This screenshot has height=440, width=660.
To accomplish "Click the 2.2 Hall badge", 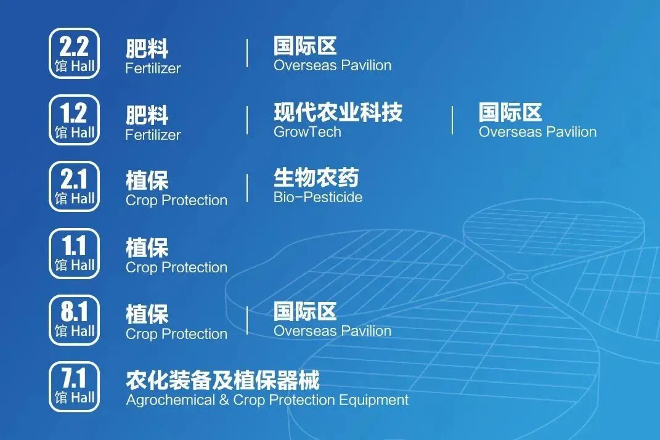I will click(74, 54).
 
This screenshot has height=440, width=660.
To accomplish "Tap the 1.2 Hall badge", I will click(74, 120).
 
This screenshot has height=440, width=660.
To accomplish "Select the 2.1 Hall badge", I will click(74, 187).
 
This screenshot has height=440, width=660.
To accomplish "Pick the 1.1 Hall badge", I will click(74, 253).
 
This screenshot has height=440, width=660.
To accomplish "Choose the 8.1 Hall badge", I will click(74, 320).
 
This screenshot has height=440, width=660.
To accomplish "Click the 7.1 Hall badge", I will click(74, 386).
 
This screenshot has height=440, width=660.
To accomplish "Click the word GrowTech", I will click(307, 131).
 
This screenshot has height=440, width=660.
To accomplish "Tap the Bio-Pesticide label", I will click(317, 197).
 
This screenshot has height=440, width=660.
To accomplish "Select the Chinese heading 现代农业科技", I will click(338, 112).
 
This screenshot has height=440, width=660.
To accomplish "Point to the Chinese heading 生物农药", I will click(316, 178).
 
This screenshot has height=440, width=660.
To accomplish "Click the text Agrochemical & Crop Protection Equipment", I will click(267, 400).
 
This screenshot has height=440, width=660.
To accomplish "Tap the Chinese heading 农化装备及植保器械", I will click(222, 380).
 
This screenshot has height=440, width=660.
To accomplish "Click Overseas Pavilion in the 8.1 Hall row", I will click(332, 331).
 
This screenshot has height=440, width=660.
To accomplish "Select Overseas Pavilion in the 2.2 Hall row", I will click(332, 65).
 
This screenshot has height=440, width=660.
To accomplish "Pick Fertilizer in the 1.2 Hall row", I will click(153, 134).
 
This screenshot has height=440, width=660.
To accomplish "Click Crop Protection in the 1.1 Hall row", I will click(176, 267).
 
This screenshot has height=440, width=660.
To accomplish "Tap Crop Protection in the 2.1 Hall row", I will click(176, 200).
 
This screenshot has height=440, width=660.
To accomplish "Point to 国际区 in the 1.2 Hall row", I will click(510, 112).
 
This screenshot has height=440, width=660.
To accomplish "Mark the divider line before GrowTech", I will click(247, 120).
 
